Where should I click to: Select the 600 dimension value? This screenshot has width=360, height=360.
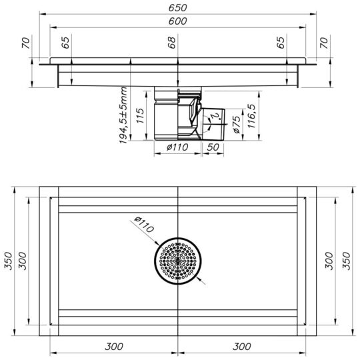179,21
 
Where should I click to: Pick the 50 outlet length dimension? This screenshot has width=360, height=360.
213,146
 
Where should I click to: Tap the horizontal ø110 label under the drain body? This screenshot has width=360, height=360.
178,146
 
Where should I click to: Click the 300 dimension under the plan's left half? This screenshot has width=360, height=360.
114,347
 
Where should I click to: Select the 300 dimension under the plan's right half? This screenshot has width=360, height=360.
243,347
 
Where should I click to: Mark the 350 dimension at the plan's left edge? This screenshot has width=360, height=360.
8,261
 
